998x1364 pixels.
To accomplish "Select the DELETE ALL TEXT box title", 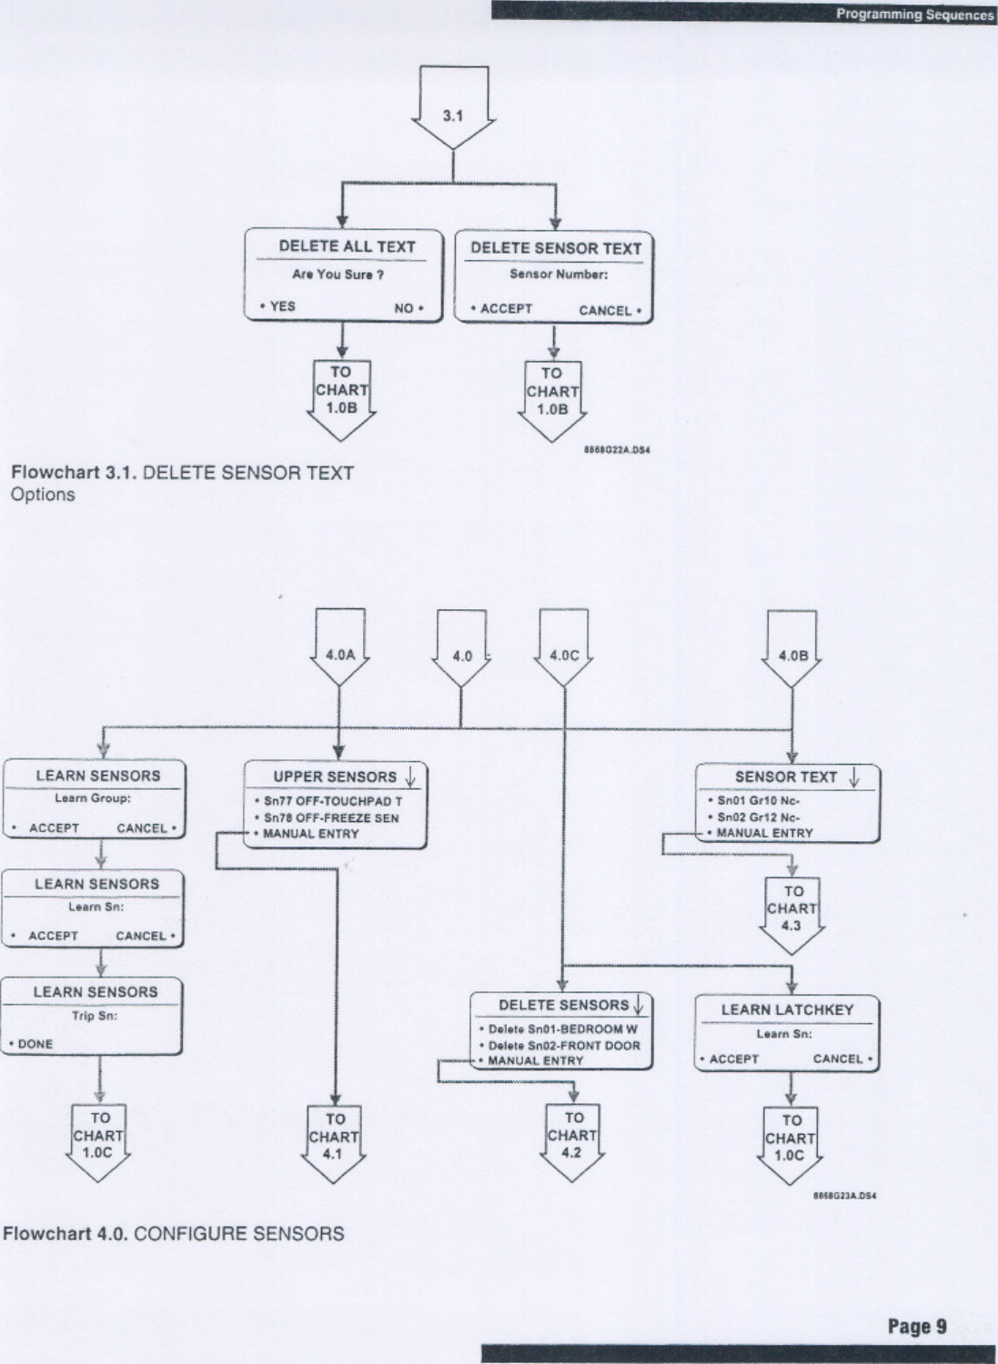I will coord(347,246).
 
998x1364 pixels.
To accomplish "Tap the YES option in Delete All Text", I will coord(281,306).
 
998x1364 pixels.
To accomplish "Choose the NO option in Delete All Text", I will coord(406,308).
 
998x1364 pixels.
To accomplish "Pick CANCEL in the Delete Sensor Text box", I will coord(608,310).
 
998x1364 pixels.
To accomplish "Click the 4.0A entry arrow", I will coord(339,653).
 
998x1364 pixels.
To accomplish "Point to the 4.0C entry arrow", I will coord(565,654).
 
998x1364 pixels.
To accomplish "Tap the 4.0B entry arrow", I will coord(792,654).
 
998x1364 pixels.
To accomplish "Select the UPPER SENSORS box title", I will coord(335,777).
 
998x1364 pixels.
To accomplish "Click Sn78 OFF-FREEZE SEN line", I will coord(330,817).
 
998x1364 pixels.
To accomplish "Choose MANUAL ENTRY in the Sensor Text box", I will coord(764,832).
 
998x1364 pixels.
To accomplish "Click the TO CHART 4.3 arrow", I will coord(792,910).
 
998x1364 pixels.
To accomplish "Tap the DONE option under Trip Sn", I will coord(35,1044).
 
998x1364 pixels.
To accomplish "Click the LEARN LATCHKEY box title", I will coord(787,1009).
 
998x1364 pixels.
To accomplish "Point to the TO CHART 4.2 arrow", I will coord(571,1137).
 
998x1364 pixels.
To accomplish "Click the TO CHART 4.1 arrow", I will coord(335,1137).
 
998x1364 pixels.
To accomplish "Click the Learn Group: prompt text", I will coord(93,798).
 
